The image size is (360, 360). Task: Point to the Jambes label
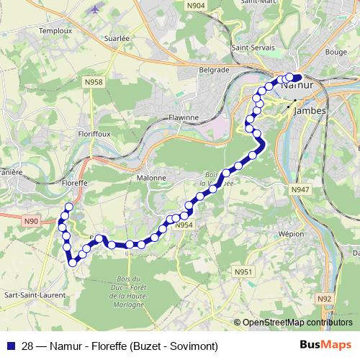311,112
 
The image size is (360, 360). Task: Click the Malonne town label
151,177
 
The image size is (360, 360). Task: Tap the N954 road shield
184,225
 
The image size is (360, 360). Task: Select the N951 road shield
243,271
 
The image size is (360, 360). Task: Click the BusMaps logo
325,345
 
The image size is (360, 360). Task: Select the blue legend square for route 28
11,345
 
